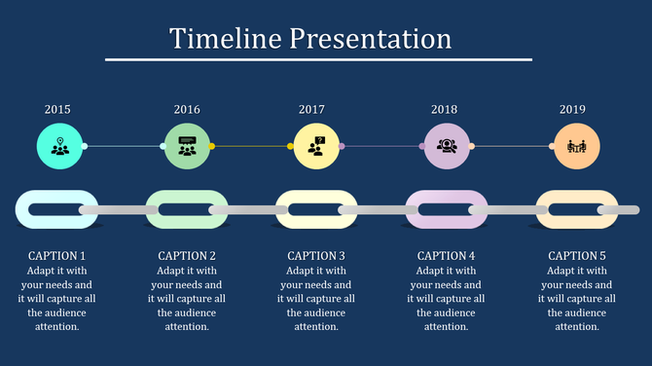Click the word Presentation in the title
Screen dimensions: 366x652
[x=370, y=38]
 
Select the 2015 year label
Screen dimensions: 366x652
[x=57, y=110]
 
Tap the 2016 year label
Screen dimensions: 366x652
[x=187, y=110]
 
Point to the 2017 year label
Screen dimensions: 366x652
[x=311, y=110]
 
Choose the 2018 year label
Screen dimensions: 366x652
[x=444, y=110]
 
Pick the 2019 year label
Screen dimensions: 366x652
[x=573, y=110]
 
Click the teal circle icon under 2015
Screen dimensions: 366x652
[x=59, y=147]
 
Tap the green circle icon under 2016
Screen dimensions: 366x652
[x=187, y=147]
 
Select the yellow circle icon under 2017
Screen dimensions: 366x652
[x=317, y=147]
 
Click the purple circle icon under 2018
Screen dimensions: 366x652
[x=447, y=147]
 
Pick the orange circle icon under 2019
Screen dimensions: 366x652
[x=577, y=147]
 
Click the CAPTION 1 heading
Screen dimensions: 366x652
[x=56, y=256]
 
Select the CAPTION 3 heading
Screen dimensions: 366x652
[x=316, y=256]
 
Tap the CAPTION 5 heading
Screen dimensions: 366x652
[x=576, y=256]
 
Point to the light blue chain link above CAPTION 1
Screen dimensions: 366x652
[x=23, y=209]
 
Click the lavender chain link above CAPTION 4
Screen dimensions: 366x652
[x=415, y=209]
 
